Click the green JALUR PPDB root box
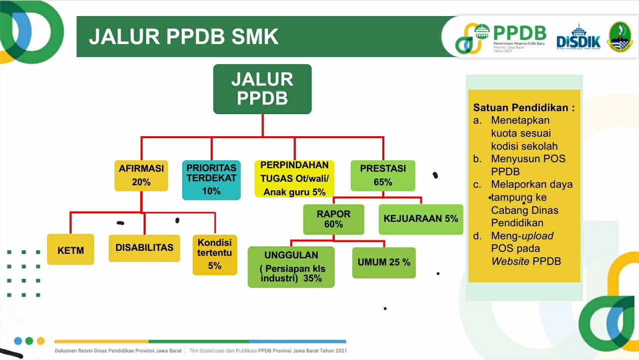pyautogui.click(x=262, y=89)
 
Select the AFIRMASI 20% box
pyautogui.click(x=141, y=176)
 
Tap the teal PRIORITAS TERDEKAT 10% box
pyautogui.click(x=211, y=180)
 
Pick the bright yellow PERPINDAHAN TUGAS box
pyautogui.click(x=294, y=179)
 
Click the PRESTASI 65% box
pyautogui.click(x=383, y=176)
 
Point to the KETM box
pyautogui.click(x=71, y=249)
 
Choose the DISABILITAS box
pyautogui.click(x=144, y=248)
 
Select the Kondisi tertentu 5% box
pyautogui.click(x=215, y=255)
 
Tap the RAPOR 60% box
pyautogui.click(x=333, y=219)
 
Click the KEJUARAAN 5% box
pyautogui.click(x=421, y=219)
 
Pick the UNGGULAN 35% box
pyautogui.click(x=291, y=267)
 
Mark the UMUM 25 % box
pyautogui.click(x=384, y=263)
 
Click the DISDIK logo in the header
pyautogui.click(x=578, y=37)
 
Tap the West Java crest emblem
pyautogui.click(x=619, y=37)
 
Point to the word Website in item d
pyautogui.click(x=510, y=261)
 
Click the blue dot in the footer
pyautogui.click(x=18, y=341)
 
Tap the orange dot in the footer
pyautogui.click(x=41, y=341)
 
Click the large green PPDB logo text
pyautogui.click(x=520, y=33)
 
